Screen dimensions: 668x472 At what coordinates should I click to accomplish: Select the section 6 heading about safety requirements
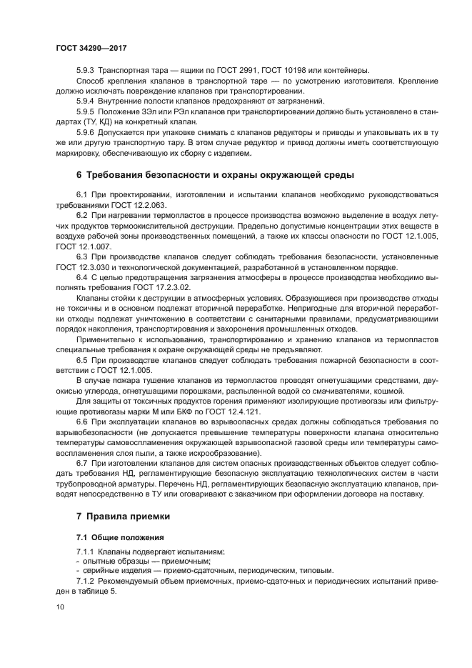214,175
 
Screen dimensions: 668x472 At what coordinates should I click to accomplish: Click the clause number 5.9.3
85,69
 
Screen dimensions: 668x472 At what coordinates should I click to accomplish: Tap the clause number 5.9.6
85,133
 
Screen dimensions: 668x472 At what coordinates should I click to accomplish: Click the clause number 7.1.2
86,582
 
